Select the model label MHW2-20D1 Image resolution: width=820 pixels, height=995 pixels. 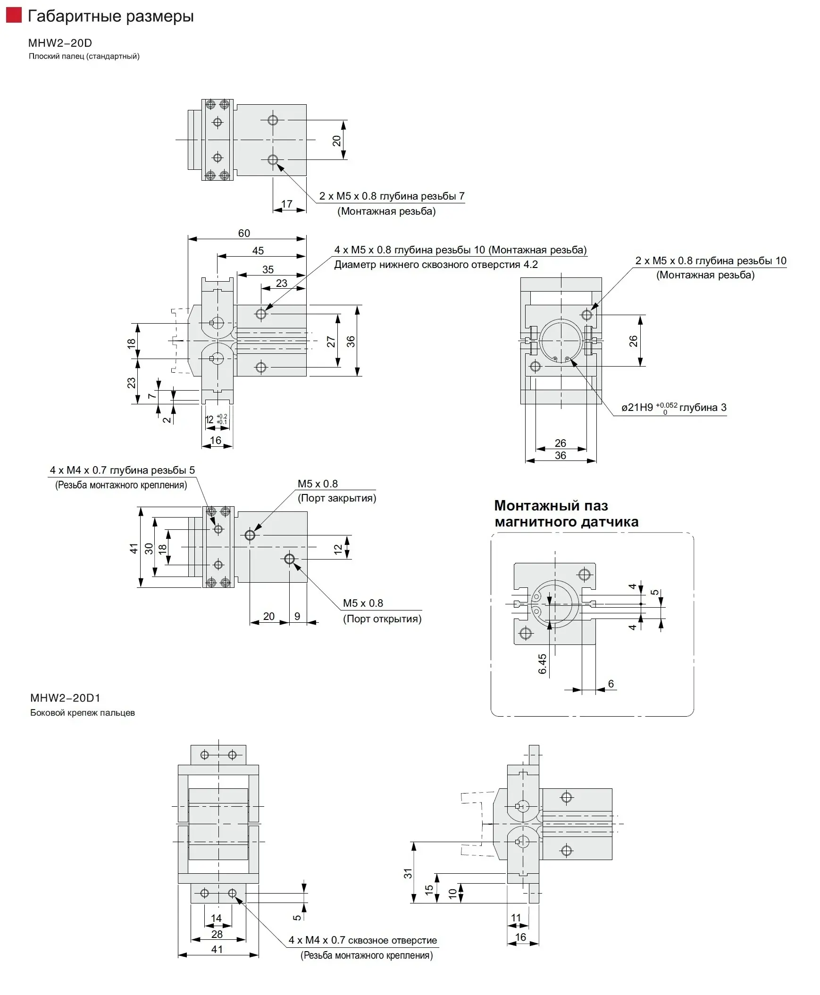pyautogui.click(x=65, y=697)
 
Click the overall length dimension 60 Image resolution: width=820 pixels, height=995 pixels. pyautogui.click(x=244, y=233)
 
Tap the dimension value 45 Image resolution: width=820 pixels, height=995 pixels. pyautogui.click(x=258, y=251)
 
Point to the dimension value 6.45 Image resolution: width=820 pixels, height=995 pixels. pyautogui.click(x=542, y=664)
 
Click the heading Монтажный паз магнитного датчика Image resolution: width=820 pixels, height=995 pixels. pyautogui.click(x=566, y=514)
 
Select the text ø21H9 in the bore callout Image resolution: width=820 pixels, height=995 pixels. pyautogui.click(x=637, y=408)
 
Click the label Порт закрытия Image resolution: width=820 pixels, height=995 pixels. pyautogui.click(x=337, y=498)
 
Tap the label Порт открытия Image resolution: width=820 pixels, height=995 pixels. pyautogui.click(x=382, y=619)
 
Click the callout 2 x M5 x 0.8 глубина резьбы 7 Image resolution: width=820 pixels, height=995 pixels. pyautogui.click(x=392, y=196)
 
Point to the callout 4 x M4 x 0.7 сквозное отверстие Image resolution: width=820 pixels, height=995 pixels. pyautogui.click(x=363, y=940)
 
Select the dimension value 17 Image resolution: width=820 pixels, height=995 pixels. pyautogui.click(x=287, y=204)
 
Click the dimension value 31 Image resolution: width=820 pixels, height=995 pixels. pyautogui.click(x=408, y=874)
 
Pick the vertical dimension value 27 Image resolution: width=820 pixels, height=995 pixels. pyautogui.click(x=331, y=342)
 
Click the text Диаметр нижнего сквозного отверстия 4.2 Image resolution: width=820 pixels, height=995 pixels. pyautogui.click(x=435, y=265)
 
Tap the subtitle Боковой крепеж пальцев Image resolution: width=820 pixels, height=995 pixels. pyautogui.click(x=83, y=712)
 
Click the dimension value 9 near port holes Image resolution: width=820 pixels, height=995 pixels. pyautogui.click(x=297, y=616)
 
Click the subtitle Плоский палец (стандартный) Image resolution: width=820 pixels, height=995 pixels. pyautogui.click(x=84, y=57)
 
